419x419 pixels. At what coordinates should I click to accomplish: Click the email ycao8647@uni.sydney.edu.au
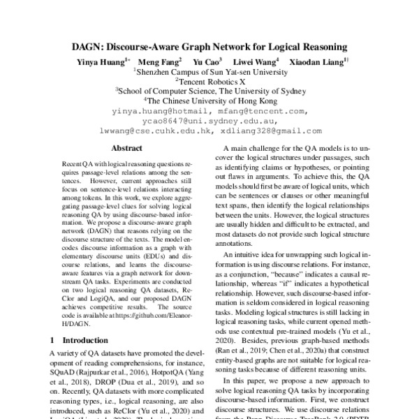210,120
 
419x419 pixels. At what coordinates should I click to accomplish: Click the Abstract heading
127,148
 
